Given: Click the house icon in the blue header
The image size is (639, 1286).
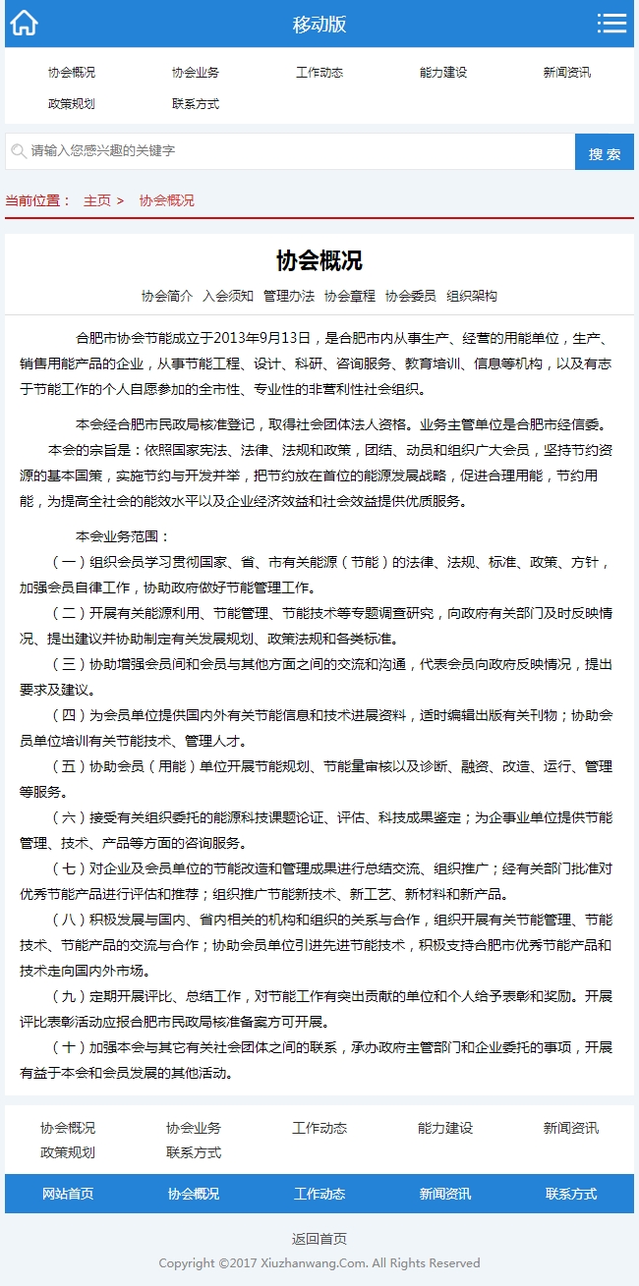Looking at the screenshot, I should pos(24,24).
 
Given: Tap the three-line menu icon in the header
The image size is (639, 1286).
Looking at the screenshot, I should pos(611,24).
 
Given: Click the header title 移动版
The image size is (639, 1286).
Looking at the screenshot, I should pos(319,25).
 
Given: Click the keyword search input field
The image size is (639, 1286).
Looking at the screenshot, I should pos(295,151).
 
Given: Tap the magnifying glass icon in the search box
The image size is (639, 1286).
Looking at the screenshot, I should pos(18,151).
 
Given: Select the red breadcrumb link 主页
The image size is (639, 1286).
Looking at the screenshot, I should pos(97,200).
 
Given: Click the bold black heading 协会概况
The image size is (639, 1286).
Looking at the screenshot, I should pos(319,260).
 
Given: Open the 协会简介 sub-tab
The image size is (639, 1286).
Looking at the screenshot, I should pos(167,296).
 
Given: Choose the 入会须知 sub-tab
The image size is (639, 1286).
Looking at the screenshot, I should pos(228,296).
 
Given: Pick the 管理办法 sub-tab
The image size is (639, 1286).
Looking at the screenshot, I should pos(289,296).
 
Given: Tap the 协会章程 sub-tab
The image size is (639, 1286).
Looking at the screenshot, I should pos(350,296).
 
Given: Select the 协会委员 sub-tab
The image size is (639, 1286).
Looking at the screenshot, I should pos(411,296).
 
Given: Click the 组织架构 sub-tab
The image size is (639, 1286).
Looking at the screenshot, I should pos(472,296).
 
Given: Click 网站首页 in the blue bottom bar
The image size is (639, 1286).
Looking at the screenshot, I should pos(68,1194).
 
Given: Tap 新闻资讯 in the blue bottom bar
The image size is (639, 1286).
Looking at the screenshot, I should pos(445,1194).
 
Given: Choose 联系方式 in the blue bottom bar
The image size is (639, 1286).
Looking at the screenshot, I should pos(571,1194).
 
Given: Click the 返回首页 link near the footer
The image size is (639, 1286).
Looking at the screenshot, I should pos(319,1239).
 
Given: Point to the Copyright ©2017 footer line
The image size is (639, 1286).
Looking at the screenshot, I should pos(319,1263).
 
